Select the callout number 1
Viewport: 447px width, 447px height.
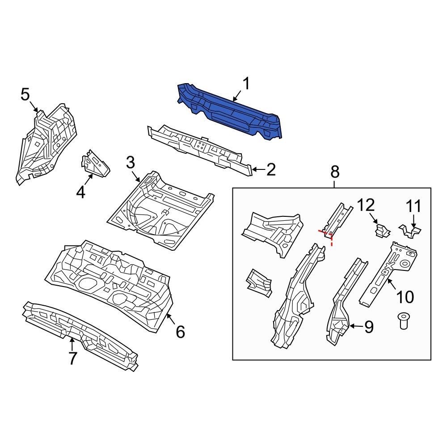point(246,84)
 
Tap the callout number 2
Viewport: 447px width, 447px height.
point(270,170)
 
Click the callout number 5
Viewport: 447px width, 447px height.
point(25,94)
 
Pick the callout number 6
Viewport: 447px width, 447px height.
point(180,331)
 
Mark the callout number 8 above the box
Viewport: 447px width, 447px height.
point(335,172)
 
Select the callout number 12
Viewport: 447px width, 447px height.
point(365,206)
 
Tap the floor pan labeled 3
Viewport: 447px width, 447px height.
point(161,208)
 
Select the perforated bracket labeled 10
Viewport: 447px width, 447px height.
point(387,273)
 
